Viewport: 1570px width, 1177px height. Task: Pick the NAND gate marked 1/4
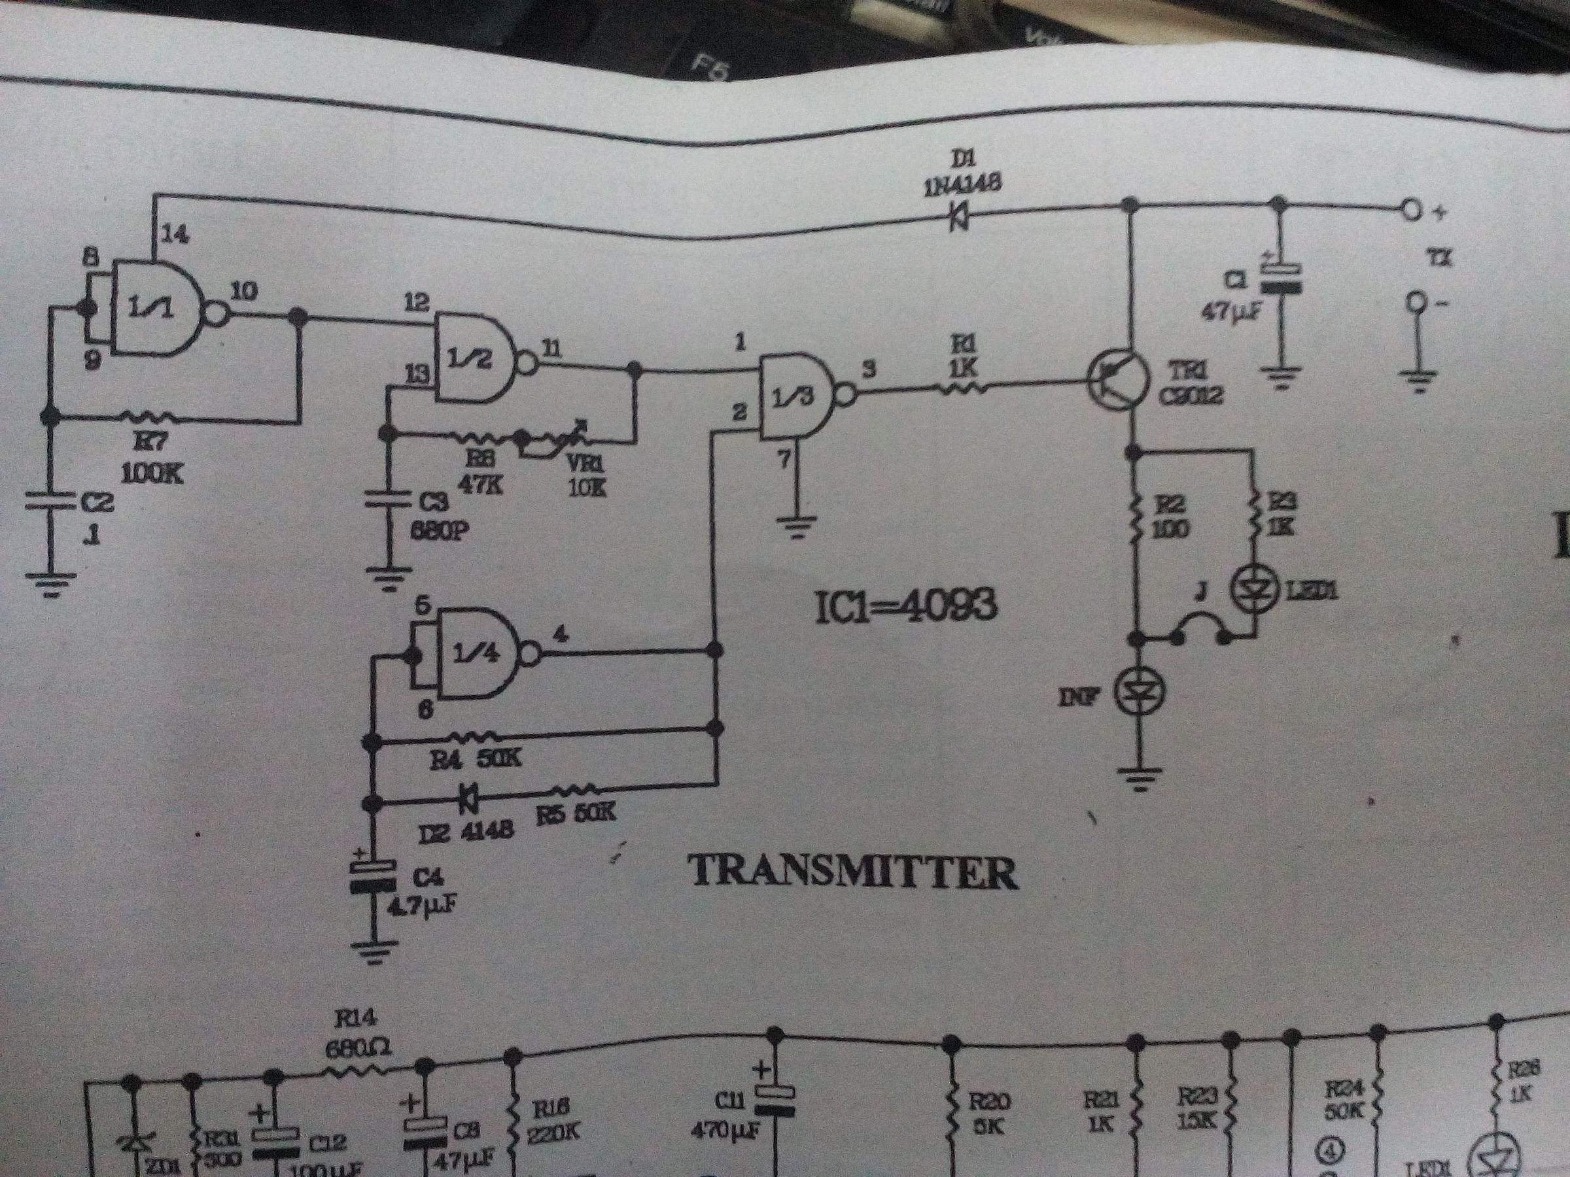pyautogui.click(x=479, y=653)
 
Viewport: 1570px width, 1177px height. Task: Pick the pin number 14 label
pyautogui.click(x=175, y=234)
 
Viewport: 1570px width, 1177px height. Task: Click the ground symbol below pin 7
pyautogui.click(x=797, y=528)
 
